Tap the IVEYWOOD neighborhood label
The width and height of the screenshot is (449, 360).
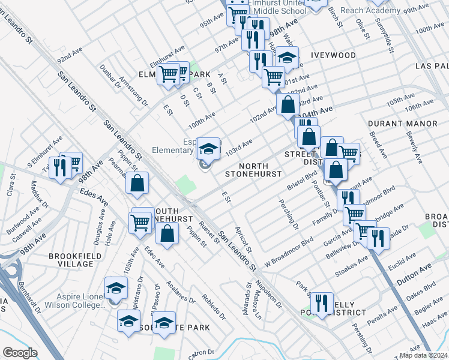[333, 55]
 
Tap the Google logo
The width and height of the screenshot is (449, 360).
[20, 353]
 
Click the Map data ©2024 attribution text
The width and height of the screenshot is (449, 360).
[423, 355]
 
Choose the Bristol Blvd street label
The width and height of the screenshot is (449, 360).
[302, 179]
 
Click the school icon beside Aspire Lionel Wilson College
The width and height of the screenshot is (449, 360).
[116, 287]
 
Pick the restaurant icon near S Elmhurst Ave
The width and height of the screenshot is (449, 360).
[59, 167]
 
